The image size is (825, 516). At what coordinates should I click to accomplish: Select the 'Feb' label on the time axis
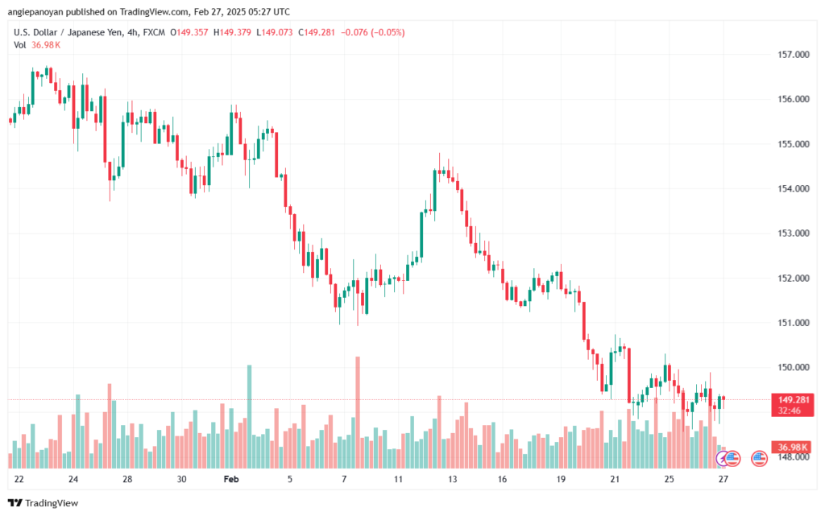click(x=232, y=479)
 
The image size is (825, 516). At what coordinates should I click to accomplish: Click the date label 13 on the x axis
click(x=453, y=479)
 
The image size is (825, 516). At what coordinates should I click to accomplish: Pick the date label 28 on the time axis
click(x=127, y=479)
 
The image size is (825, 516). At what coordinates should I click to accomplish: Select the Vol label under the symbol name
click(x=20, y=45)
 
